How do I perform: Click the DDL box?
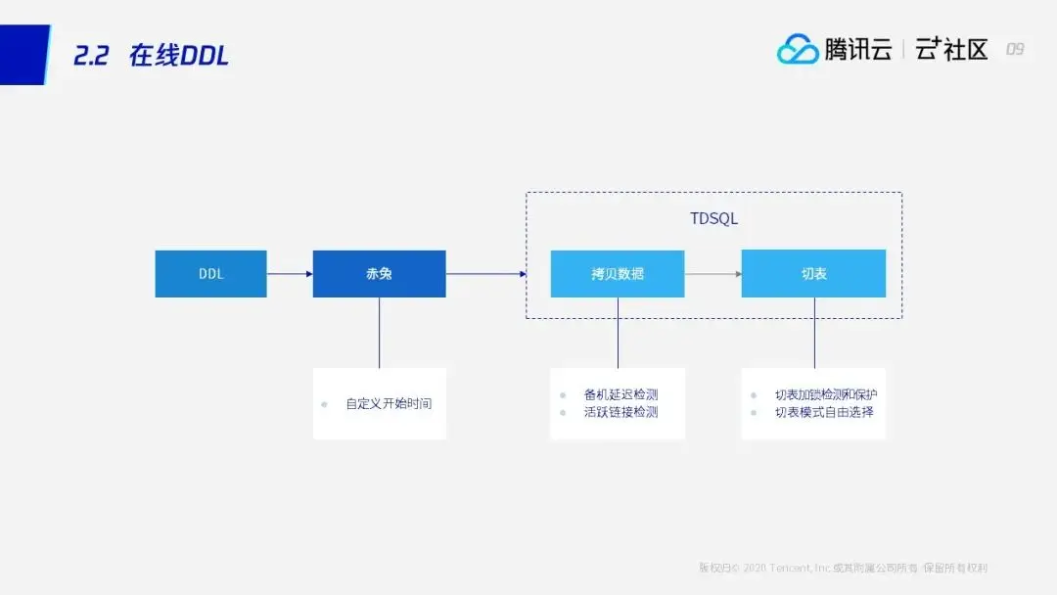(210, 274)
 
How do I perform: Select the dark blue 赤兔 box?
(379, 274)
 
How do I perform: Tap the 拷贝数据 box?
(617, 274)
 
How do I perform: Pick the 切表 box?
(813, 274)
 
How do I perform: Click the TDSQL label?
(713, 219)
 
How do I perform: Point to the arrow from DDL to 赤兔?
(290, 274)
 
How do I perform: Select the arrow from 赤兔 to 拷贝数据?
(486, 274)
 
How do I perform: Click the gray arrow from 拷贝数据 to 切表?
(712, 274)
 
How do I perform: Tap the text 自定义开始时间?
(389, 403)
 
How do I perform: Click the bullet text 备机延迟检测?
(620, 394)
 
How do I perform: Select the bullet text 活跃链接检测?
(620, 412)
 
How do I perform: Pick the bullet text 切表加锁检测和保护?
(826, 394)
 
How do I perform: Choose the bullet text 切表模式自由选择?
(824, 412)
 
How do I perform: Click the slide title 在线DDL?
(178, 56)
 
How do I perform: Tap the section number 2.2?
(93, 56)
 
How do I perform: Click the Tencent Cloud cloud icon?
(798, 49)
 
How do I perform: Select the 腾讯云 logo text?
(858, 49)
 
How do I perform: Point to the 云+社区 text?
(951, 49)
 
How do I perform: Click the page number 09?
(1015, 49)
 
